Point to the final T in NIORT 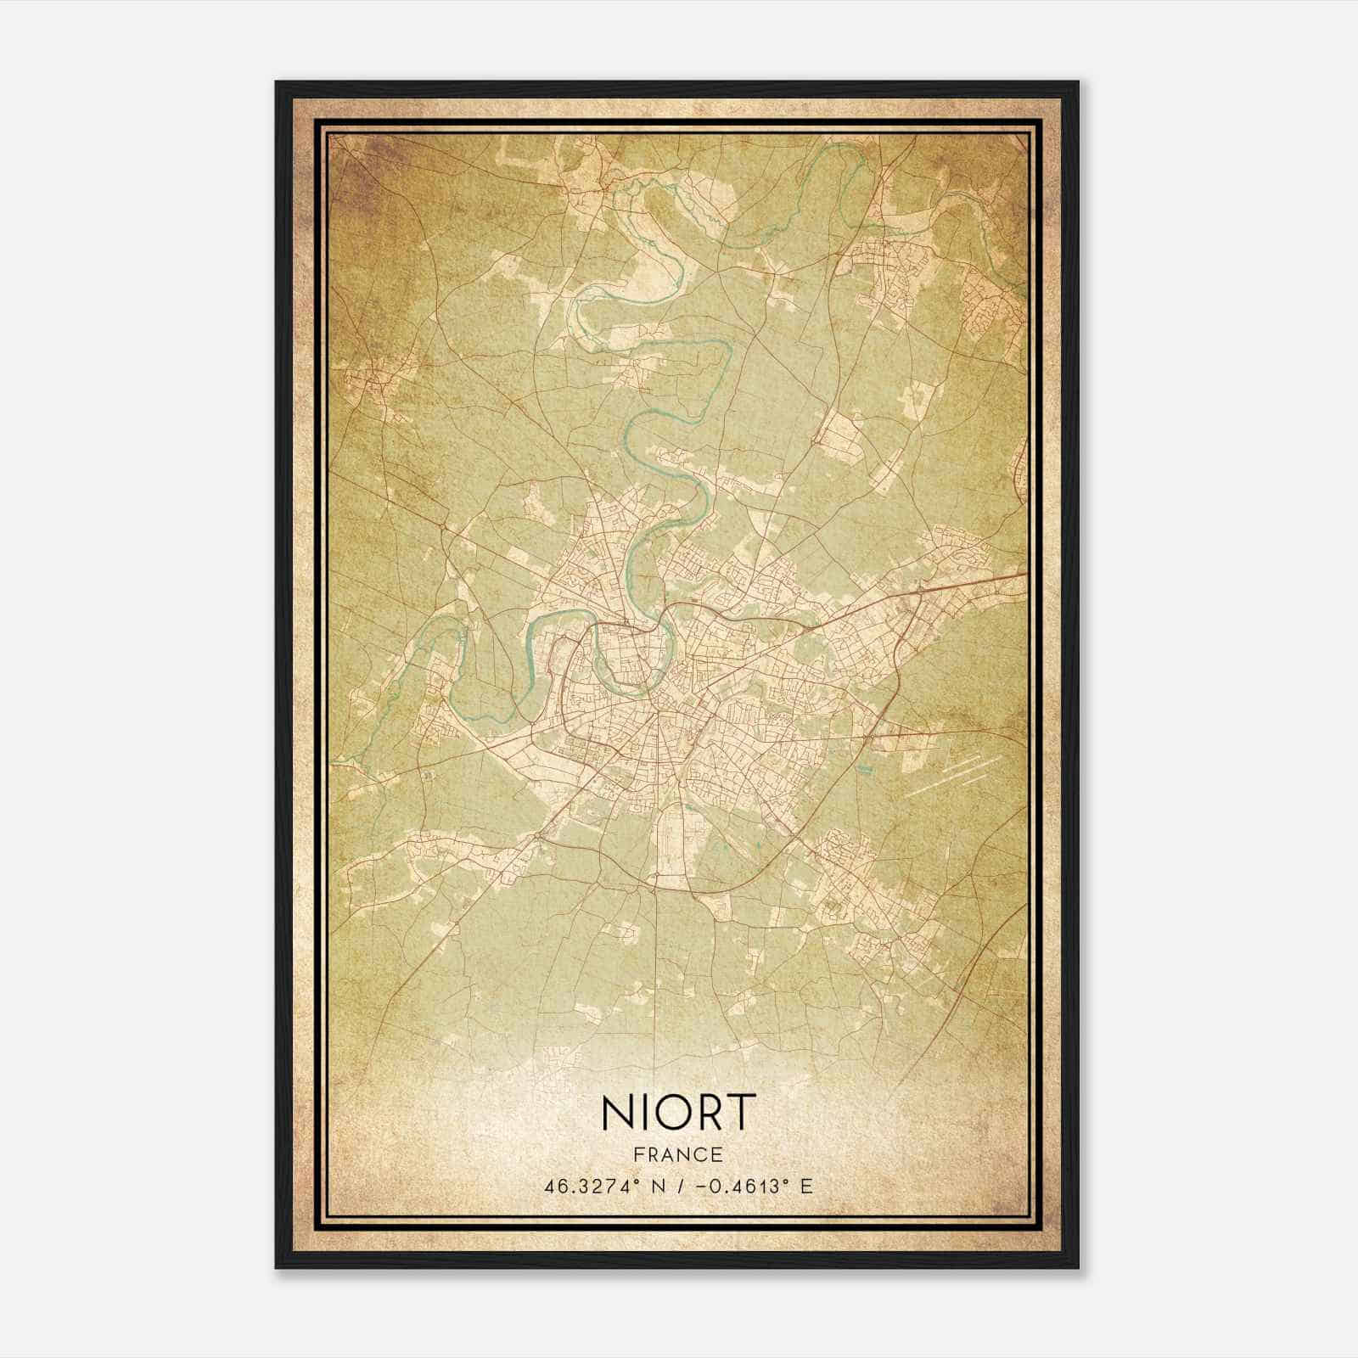click(741, 1112)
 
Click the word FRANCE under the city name click(678, 1154)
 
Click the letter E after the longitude click(806, 1186)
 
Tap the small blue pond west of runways click(864, 771)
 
